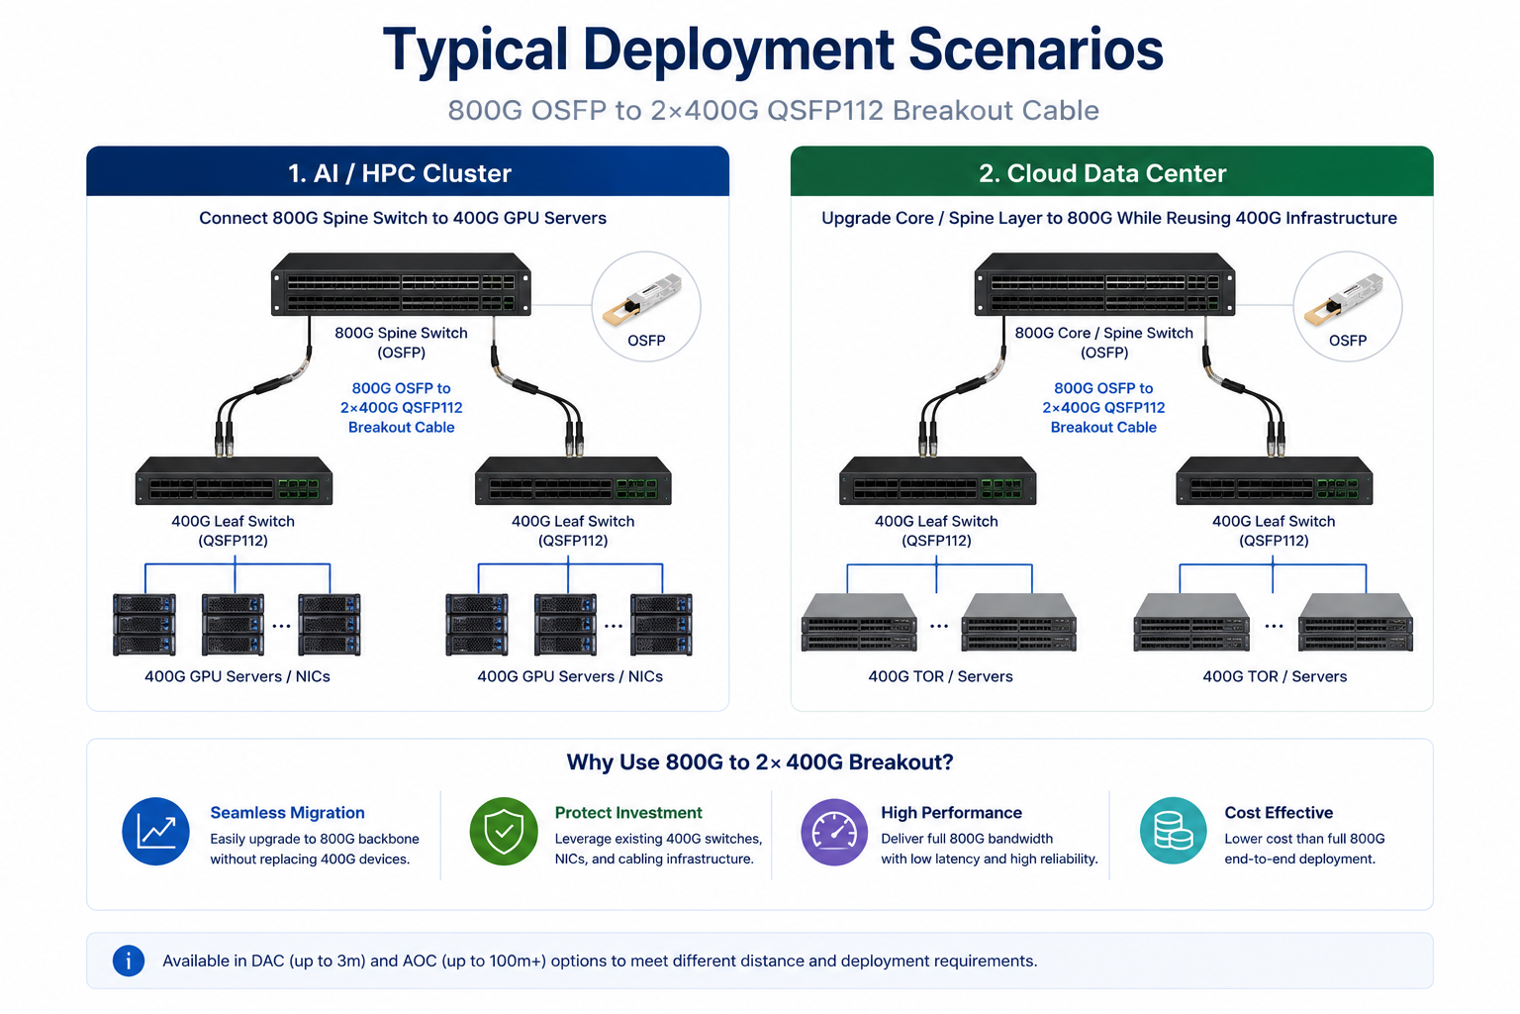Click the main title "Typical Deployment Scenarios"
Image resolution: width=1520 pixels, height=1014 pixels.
click(773, 51)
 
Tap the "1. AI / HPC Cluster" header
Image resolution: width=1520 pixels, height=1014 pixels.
click(400, 173)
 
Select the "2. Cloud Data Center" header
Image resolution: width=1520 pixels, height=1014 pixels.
click(1102, 173)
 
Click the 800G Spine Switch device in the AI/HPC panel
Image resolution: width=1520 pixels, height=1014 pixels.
click(401, 284)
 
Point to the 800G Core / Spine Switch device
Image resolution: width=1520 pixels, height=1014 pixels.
click(1104, 284)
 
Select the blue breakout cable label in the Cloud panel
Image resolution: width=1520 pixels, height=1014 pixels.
click(1103, 408)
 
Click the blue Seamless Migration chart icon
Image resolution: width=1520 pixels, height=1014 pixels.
click(155, 832)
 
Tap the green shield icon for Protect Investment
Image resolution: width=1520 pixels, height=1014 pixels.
click(504, 832)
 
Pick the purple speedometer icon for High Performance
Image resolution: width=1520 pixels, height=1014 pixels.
click(834, 832)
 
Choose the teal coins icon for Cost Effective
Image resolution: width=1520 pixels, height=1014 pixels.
click(1174, 831)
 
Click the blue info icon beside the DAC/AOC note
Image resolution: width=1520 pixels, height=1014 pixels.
click(129, 962)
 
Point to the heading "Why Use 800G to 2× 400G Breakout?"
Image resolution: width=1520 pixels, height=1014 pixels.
click(760, 762)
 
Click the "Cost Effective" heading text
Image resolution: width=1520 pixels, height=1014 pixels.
click(1279, 812)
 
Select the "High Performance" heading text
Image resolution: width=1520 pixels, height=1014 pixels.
click(951, 812)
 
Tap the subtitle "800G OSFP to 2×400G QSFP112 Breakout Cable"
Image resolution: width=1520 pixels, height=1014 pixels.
click(773, 110)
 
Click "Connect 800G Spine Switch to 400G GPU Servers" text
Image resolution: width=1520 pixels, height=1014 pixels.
click(403, 218)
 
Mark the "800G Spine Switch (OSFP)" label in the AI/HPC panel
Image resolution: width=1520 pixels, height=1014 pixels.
click(401, 343)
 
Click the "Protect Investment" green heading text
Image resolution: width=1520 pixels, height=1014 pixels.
click(628, 812)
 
